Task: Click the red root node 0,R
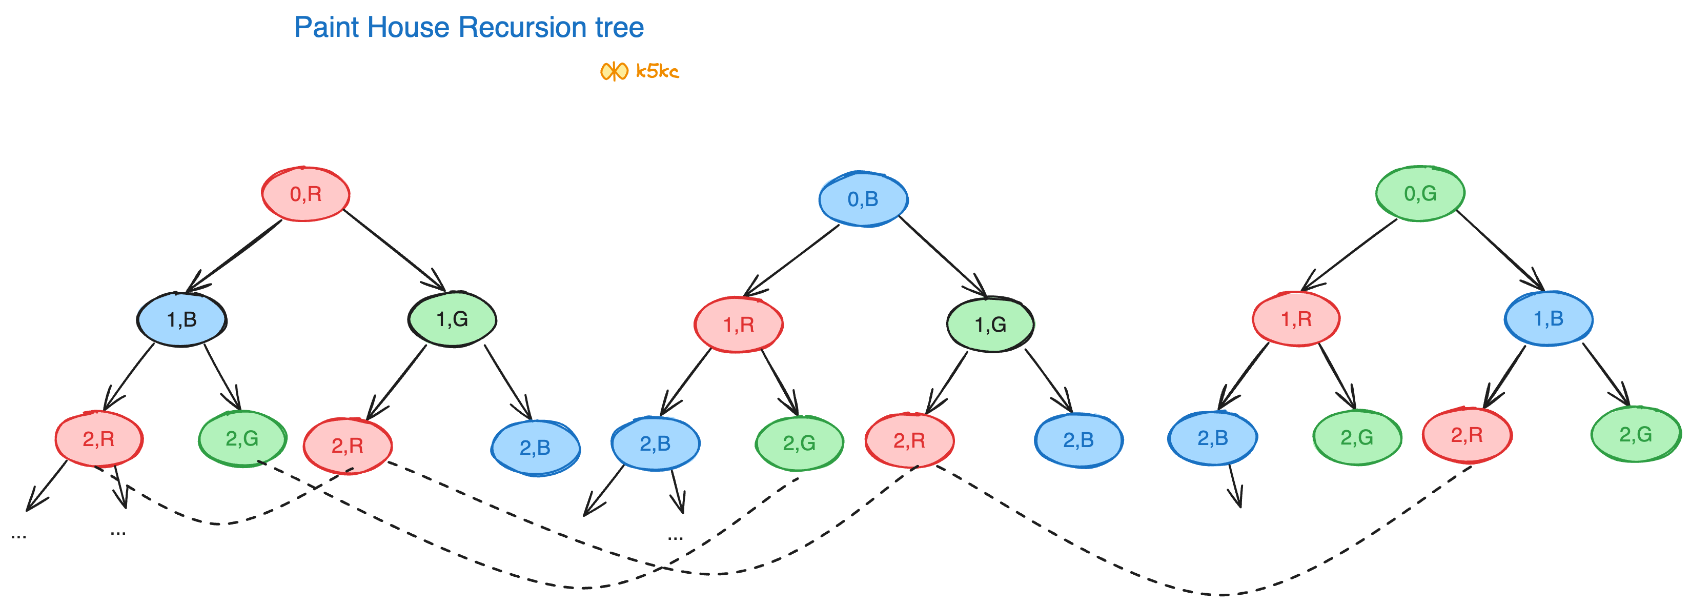(x=306, y=194)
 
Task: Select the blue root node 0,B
(x=863, y=199)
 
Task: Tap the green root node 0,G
(x=1420, y=194)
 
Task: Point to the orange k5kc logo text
(x=657, y=71)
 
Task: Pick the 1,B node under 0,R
(x=182, y=319)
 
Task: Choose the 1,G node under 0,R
(x=452, y=319)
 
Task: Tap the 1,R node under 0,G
(x=1296, y=319)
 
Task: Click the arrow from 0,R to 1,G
(x=394, y=249)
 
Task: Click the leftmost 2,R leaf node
(x=98, y=439)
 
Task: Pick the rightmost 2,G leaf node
(x=1636, y=434)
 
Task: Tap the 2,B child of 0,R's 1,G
(x=535, y=448)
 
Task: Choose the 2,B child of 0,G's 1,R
(x=1212, y=438)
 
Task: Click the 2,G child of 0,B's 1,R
(x=799, y=443)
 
